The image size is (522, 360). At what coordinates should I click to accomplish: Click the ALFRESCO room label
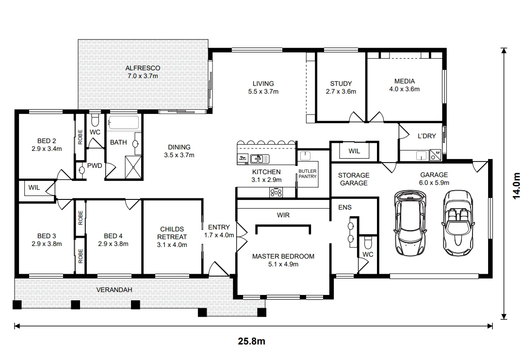pyautogui.click(x=143, y=68)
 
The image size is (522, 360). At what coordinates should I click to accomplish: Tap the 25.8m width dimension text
pyautogui.click(x=251, y=342)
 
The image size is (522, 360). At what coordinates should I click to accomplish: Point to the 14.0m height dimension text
pyautogui.click(x=516, y=186)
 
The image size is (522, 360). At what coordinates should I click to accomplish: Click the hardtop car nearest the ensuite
pyautogui.click(x=409, y=223)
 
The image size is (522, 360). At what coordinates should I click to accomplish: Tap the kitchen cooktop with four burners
pyautogui.click(x=276, y=193)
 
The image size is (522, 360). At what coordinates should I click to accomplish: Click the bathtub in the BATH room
pyautogui.click(x=124, y=122)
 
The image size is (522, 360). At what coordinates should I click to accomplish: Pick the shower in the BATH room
pyautogui.click(x=133, y=167)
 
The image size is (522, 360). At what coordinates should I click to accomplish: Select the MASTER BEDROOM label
pyautogui.click(x=283, y=257)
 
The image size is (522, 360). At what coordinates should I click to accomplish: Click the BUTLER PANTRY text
pyautogui.click(x=307, y=174)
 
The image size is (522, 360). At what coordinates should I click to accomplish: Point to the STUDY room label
pyautogui.click(x=341, y=83)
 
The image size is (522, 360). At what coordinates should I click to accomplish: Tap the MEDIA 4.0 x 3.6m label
pyautogui.click(x=405, y=85)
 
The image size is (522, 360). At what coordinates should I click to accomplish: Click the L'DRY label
pyautogui.click(x=427, y=136)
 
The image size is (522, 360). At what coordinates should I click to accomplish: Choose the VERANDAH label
pyautogui.click(x=114, y=290)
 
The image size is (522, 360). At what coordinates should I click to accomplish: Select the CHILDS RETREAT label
pyautogui.click(x=172, y=233)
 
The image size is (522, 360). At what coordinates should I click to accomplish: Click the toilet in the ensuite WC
pyautogui.click(x=368, y=242)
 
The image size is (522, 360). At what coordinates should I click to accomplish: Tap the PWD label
pyautogui.click(x=95, y=165)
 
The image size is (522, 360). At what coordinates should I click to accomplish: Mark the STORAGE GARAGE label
pyautogui.click(x=354, y=179)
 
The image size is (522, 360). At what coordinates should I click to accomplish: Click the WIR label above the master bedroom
pyautogui.click(x=283, y=215)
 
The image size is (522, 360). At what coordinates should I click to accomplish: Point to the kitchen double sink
pyautogui.click(x=260, y=159)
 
